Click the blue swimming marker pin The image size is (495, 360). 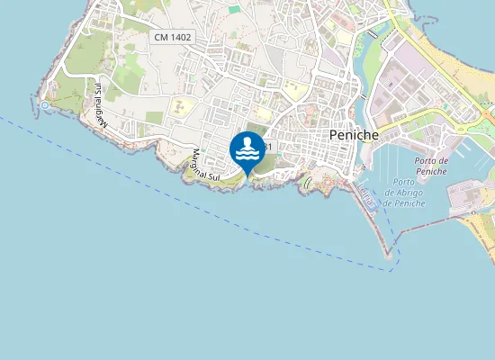coord(247,150)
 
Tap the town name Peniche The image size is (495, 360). coord(354,133)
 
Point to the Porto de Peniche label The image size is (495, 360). coord(432,166)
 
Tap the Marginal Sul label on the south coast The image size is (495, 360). coord(205,166)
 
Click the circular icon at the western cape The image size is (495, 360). coord(45,105)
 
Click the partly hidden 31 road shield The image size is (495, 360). coord(268,146)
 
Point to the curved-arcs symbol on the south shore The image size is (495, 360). coord(309,183)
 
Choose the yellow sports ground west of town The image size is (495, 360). coord(182,106)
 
